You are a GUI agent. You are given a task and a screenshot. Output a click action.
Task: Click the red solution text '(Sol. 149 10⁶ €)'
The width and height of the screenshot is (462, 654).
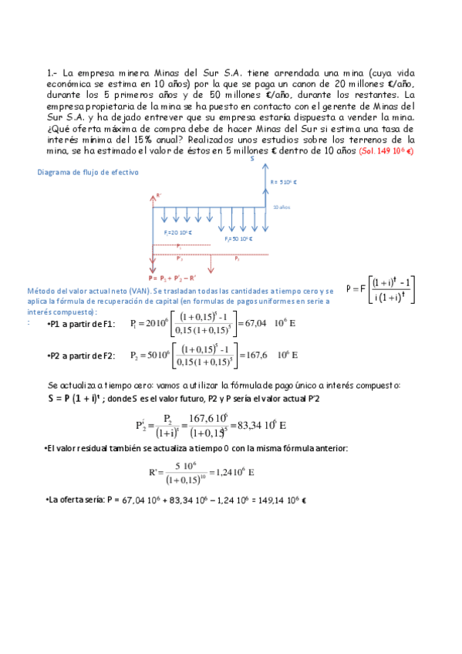386,151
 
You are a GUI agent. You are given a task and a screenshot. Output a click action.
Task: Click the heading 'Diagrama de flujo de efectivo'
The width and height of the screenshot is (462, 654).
88,173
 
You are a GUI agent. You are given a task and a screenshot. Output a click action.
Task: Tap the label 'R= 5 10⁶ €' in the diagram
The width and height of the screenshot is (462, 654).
285,183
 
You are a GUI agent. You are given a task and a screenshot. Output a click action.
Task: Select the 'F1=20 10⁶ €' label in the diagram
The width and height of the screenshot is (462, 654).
177,232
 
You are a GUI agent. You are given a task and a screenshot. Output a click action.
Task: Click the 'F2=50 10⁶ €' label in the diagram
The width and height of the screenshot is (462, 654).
239,239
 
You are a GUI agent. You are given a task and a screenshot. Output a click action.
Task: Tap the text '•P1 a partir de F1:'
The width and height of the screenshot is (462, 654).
80,325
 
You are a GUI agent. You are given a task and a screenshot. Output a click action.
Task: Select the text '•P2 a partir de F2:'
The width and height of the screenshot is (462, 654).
80,356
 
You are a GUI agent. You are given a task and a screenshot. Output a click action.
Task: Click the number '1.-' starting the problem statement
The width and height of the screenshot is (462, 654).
53,73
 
